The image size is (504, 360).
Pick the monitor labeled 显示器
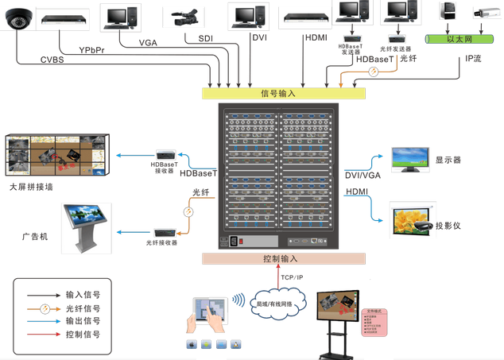pyautogui.click(x=410, y=157)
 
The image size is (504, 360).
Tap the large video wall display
pyautogui.click(x=56, y=155)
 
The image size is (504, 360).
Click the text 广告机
pyautogui.click(x=36, y=237)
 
